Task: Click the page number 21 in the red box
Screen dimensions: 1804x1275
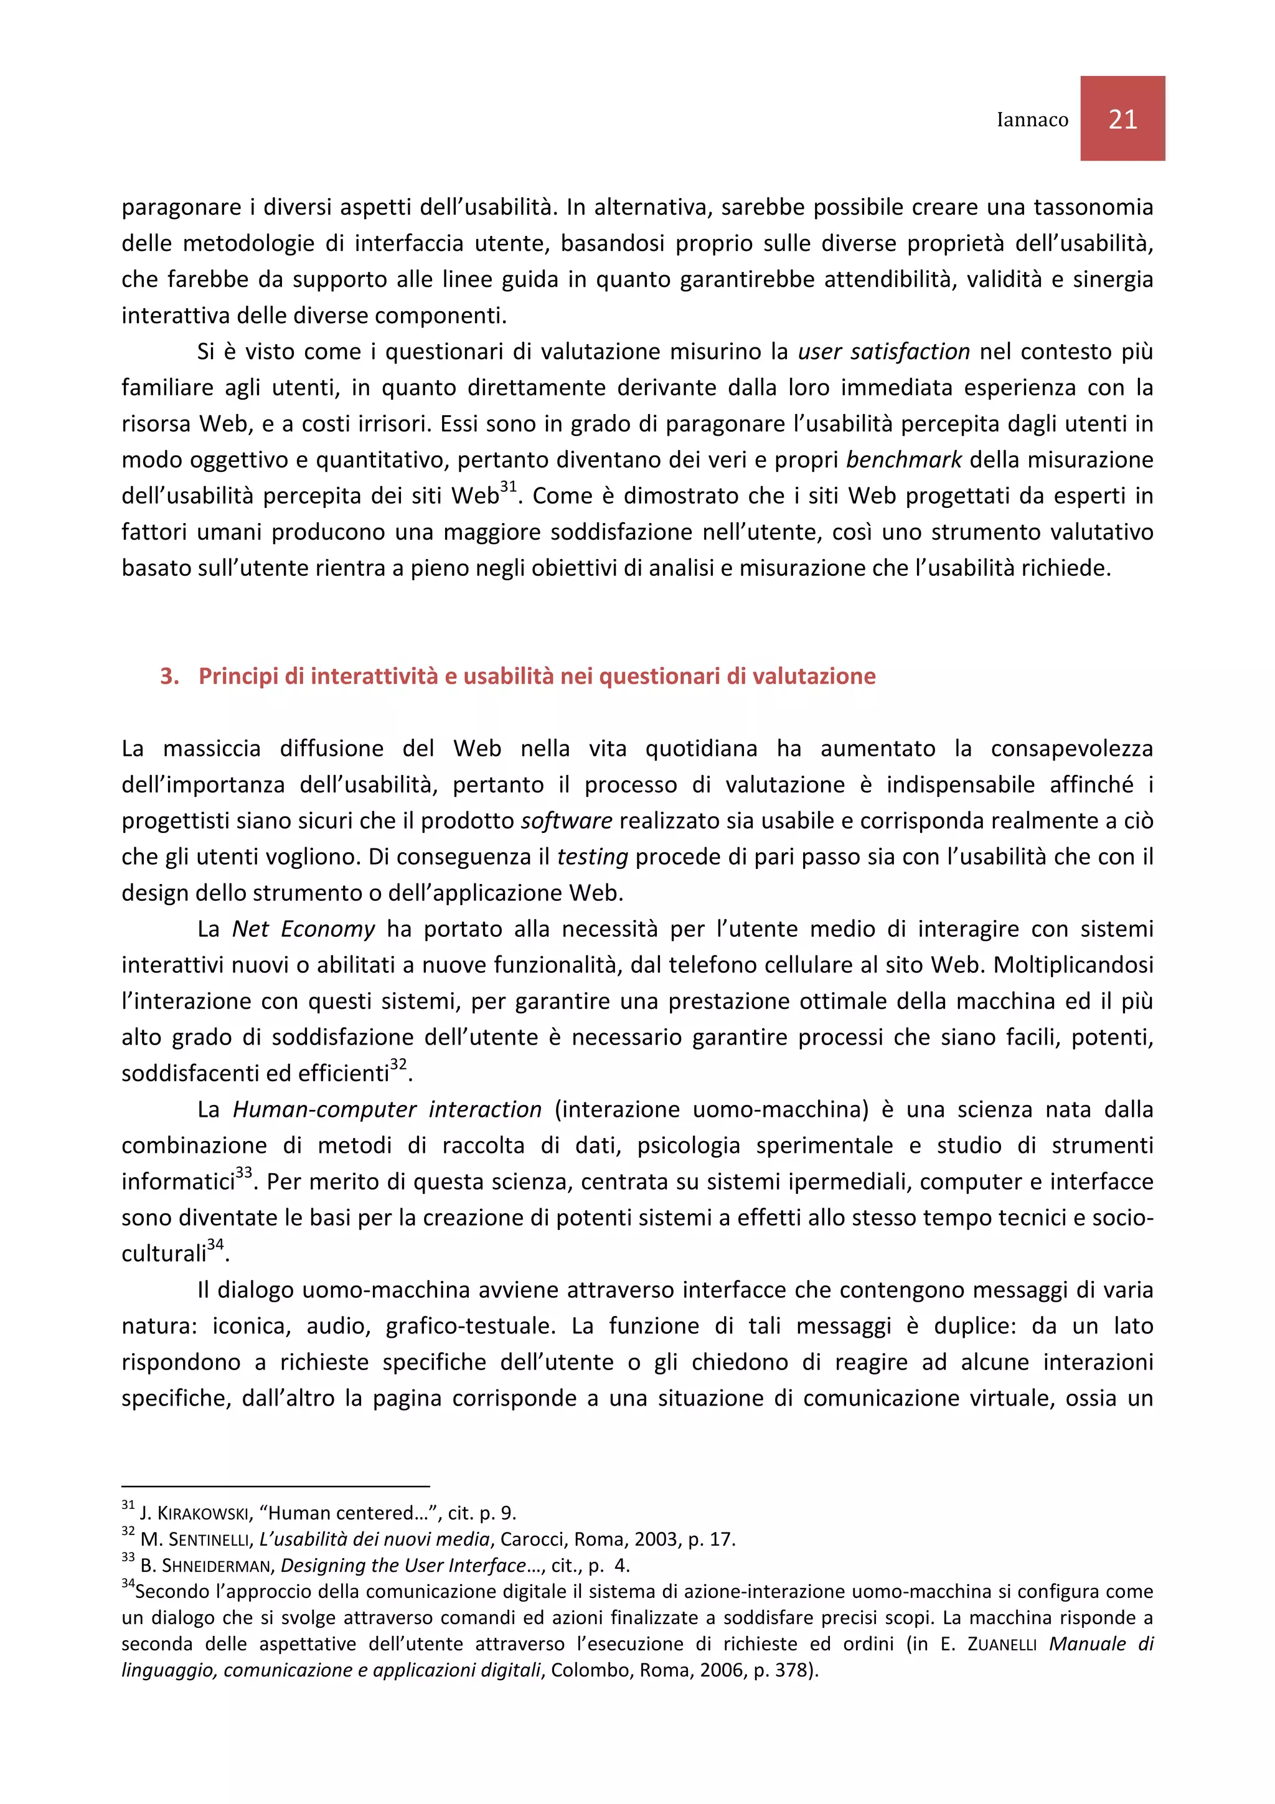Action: pos(1122,120)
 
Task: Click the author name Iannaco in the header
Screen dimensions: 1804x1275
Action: pos(1032,120)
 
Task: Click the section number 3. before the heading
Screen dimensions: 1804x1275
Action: pos(169,677)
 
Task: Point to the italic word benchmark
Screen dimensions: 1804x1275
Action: pos(903,459)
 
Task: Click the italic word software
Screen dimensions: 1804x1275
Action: pos(567,821)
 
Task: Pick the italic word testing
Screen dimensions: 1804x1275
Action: pos(592,857)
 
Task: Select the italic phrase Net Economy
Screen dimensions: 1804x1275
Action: pos(303,929)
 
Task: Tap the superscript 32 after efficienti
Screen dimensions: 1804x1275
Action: pos(398,1064)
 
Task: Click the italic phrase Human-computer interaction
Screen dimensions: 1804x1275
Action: pos(387,1109)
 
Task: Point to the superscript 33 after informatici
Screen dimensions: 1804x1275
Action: pos(243,1172)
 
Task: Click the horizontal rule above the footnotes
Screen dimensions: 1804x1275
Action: pos(275,1486)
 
